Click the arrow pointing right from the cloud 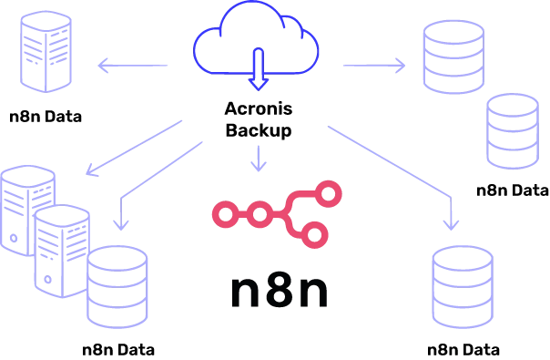[374, 65]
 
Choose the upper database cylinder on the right [454, 56]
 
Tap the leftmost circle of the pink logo [223, 215]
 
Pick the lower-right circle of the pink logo [316, 236]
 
